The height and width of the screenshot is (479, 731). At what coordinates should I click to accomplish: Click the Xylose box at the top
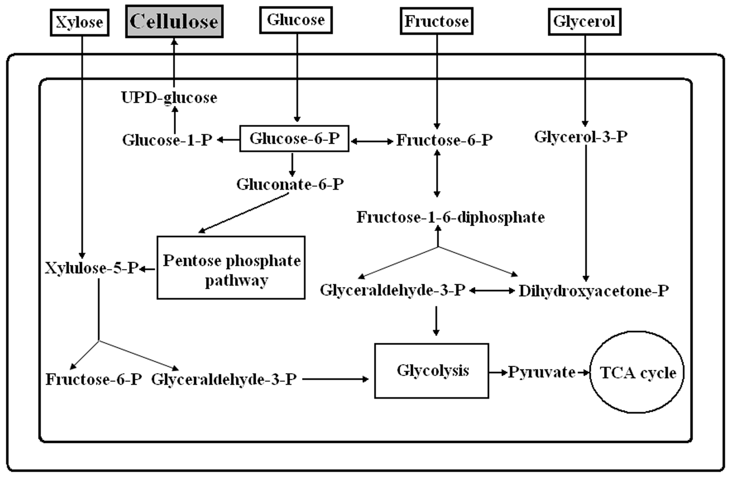point(80,22)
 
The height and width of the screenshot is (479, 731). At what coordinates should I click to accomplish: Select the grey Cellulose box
point(174,21)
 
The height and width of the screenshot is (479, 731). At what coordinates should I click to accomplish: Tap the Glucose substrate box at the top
point(296,20)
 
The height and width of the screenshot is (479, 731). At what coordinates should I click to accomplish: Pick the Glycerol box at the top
point(585,22)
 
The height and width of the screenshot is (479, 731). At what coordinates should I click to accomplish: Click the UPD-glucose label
point(169,98)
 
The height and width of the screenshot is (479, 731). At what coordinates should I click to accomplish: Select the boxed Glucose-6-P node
point(294,138)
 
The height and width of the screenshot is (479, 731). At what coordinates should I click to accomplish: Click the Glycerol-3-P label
point(580,137)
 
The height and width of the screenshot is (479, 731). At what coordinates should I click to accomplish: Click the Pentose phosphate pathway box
point(231,267)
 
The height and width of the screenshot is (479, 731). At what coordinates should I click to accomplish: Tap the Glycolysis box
point(432,371)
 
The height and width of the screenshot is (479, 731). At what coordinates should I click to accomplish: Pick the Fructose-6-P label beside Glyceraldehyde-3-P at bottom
point(94,380)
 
